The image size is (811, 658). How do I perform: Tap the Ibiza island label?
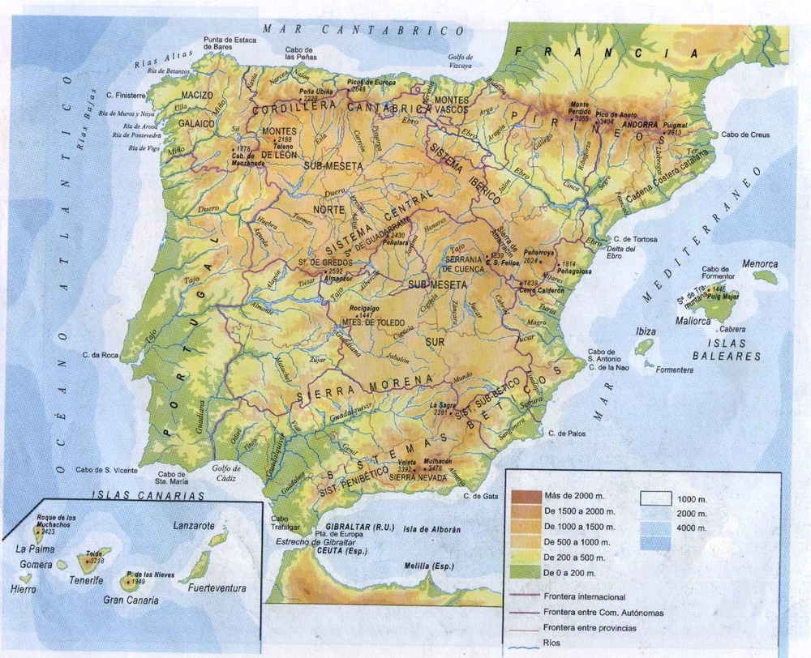click(x=646, y=331)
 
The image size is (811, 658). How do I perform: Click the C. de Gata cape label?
click(x=478, y=496)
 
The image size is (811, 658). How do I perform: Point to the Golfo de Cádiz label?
click(x=226, y=473)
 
